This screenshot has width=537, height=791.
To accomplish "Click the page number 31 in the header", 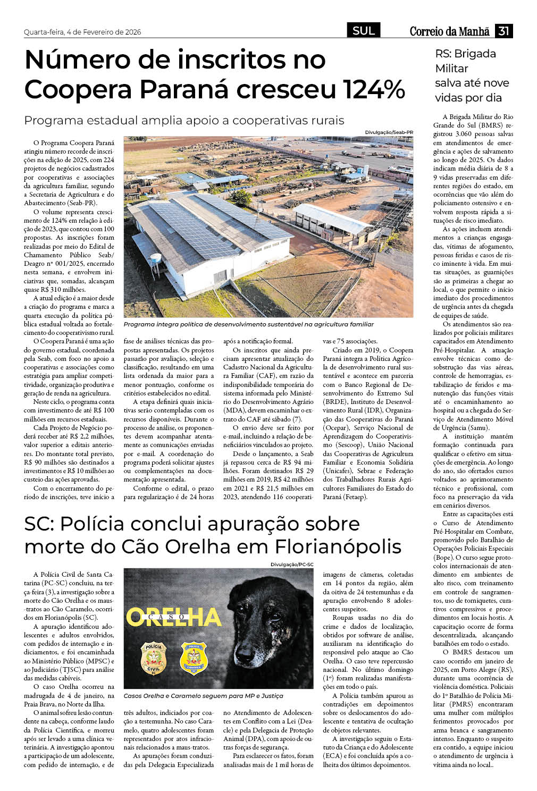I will click(x=504, y=31).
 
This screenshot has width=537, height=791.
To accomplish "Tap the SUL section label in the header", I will click(x=364, y=31).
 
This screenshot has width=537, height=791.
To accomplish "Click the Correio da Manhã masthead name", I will click(x=449, y=32).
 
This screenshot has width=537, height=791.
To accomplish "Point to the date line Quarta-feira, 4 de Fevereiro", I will click(x=82, y=32).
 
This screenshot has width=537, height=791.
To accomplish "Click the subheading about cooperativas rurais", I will click(x=184, y=120).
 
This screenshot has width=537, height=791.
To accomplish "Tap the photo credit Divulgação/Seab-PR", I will click(x=389, y=132).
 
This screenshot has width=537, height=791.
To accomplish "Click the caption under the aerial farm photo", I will click(x=248, y=324).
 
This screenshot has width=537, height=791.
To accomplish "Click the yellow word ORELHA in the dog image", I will click(x=173, y=617).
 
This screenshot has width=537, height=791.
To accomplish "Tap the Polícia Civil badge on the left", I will click(x=153, y=658).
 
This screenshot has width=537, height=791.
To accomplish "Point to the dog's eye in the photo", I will click(x=275, y=617).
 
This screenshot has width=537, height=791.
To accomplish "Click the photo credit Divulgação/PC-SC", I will click(x=292, y=565).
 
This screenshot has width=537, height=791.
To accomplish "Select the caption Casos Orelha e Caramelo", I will click(x=203, y=696).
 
